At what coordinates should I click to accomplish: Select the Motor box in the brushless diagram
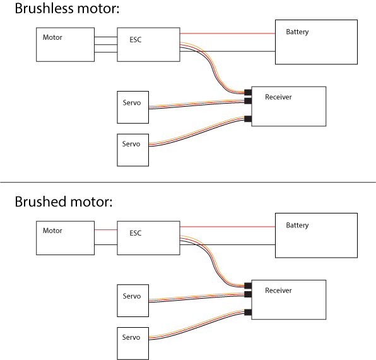point(65,44)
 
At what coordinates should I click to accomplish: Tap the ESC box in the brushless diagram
point(148,44)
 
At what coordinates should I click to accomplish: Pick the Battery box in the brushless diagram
point(316,42)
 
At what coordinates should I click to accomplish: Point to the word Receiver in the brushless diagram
point(278,97)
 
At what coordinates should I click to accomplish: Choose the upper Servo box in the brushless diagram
point(133,107)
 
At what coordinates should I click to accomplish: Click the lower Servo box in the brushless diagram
point(133,150)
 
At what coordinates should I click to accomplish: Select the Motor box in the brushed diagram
point(65,238)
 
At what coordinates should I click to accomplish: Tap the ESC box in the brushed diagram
point(148,238)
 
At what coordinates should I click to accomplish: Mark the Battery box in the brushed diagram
point(316,235)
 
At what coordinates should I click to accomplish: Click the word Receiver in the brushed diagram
point(278,291)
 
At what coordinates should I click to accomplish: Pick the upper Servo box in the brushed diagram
point(133,301)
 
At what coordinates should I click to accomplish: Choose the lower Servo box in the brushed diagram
point(133,343)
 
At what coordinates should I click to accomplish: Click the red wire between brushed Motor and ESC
point(106,230)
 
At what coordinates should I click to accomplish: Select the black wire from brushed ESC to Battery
point(227,244)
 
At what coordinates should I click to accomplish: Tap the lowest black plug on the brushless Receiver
point(248,119)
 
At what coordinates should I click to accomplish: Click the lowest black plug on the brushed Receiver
point(248,312)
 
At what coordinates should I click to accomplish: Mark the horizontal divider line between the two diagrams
point(188,182)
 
